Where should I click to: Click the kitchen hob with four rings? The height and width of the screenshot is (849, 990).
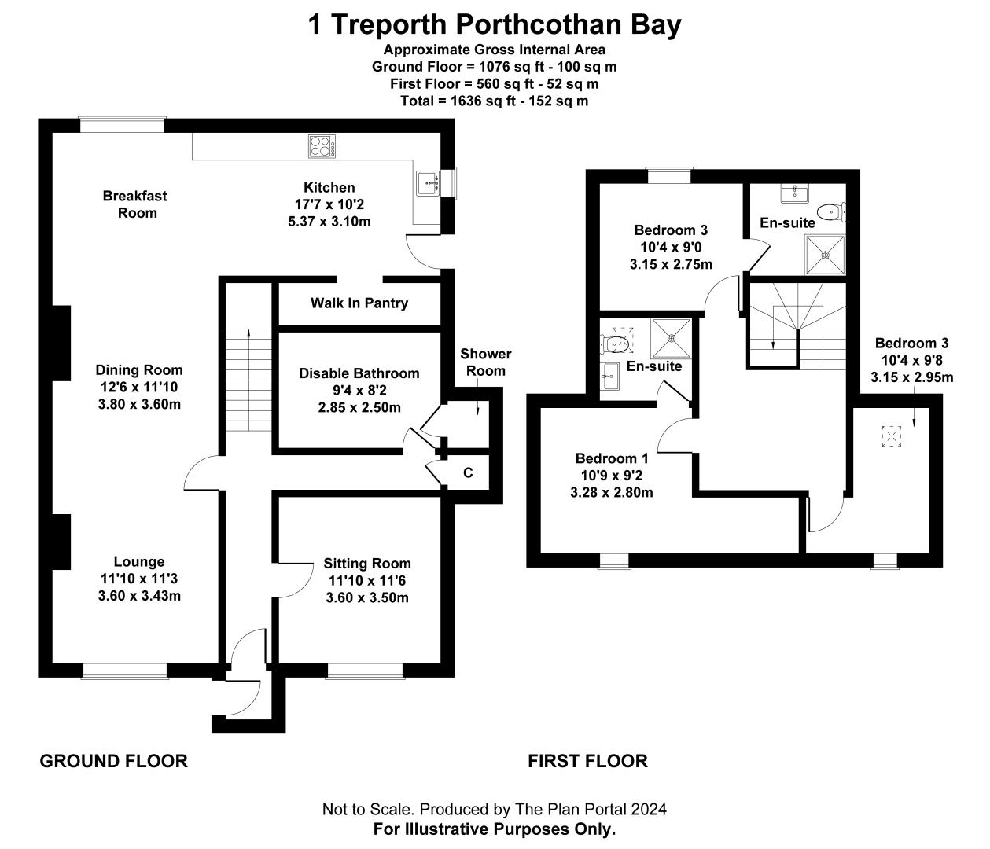click(322, 145)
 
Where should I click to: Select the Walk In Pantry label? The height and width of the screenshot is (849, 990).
click(359, 303)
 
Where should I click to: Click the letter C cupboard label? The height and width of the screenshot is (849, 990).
click(468, 473)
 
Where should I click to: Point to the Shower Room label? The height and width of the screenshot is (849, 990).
click(485, 362)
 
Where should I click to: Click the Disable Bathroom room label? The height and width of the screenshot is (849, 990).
click(359, 373)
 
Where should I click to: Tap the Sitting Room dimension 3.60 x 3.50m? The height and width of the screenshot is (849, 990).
click(367, 597)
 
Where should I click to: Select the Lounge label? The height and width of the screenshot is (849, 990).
click(139, 561)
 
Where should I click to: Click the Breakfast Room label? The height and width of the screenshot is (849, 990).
click(135, 204)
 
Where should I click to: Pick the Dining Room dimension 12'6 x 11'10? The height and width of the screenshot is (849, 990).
click(139, 387)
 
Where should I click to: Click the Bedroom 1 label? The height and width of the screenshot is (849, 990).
click(612, 458)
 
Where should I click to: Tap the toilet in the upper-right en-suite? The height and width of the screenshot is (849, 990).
click(829, 211)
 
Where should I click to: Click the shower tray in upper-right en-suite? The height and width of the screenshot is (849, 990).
click(825, 254)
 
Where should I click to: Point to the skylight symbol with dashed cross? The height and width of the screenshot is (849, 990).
click(891, 436)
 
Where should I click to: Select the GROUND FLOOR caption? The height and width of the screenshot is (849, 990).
click(113, 761)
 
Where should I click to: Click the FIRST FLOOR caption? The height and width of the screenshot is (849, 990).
click(587, 761)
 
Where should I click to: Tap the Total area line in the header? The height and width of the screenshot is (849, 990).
click(494, 101)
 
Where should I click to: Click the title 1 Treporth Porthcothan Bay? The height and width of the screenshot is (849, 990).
click(494, 25)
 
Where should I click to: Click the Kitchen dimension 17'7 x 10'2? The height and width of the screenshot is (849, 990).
click(329, 204)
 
